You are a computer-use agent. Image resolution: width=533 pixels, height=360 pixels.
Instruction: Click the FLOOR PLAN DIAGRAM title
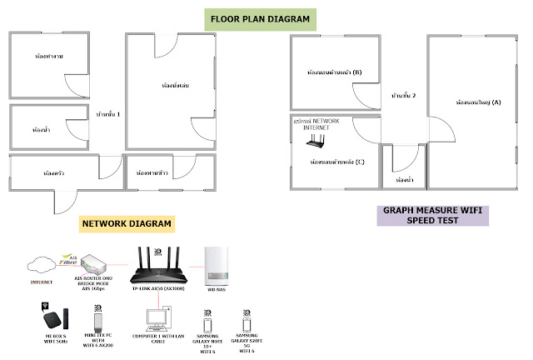[x=259, y=18]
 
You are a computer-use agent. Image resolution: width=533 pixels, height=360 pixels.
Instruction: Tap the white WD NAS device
[x=219, y=265]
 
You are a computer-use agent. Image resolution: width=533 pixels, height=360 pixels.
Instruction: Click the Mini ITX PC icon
[x=97, y=322]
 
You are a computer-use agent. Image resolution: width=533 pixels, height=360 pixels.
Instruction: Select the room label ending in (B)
[x=334, y=72]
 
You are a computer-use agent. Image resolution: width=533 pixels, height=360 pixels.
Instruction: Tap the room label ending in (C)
[x=337, y=161]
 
